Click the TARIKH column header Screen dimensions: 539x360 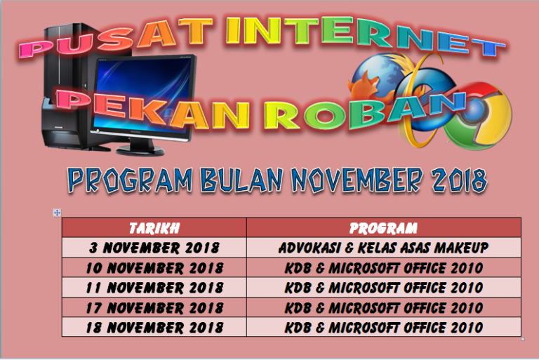(154, 228)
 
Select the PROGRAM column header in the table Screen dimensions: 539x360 (384, 228)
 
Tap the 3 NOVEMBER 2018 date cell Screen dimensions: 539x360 (154, 248)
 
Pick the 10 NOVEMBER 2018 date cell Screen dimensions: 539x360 (154, 267)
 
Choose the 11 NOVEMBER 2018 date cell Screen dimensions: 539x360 (154, 288)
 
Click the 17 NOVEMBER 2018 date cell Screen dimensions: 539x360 (154, 307)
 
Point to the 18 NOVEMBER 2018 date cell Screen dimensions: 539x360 (154, 327)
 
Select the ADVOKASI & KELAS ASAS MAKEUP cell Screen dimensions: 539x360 (384, 248)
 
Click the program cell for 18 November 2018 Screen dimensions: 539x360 (384, 327)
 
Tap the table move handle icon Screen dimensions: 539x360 (57, 213)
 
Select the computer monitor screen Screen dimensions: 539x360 (142, 95)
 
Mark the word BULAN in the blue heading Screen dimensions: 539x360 (241, 180)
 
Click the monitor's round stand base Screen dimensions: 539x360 (140, 150)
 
